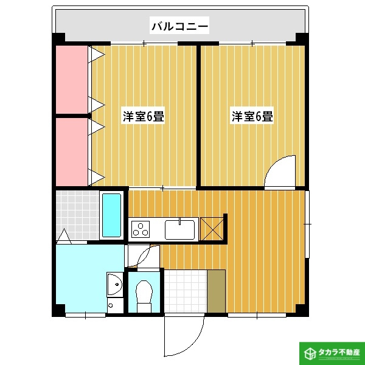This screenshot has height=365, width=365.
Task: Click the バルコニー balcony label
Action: [x=179, y=26]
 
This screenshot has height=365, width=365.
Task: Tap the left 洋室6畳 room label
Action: [x=144, y=116]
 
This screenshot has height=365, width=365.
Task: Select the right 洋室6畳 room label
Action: [x=251, y=116]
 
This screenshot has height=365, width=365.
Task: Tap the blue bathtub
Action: [x=111, y=215]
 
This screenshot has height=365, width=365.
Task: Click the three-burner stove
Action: [x=141, y=229]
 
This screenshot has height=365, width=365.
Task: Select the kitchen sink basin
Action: [x=179, y=230]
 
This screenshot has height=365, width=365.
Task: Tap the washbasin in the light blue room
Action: [x=113, y=283]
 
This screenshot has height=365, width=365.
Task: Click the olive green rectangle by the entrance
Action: [x=216, y=290]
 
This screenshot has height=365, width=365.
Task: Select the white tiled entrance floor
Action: [x=185, y=290]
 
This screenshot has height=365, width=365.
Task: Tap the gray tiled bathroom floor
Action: [x=76, y=215]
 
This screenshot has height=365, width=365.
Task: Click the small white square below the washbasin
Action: [x=111, y=304]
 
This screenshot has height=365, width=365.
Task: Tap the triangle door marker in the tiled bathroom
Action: [x=64, y=235]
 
